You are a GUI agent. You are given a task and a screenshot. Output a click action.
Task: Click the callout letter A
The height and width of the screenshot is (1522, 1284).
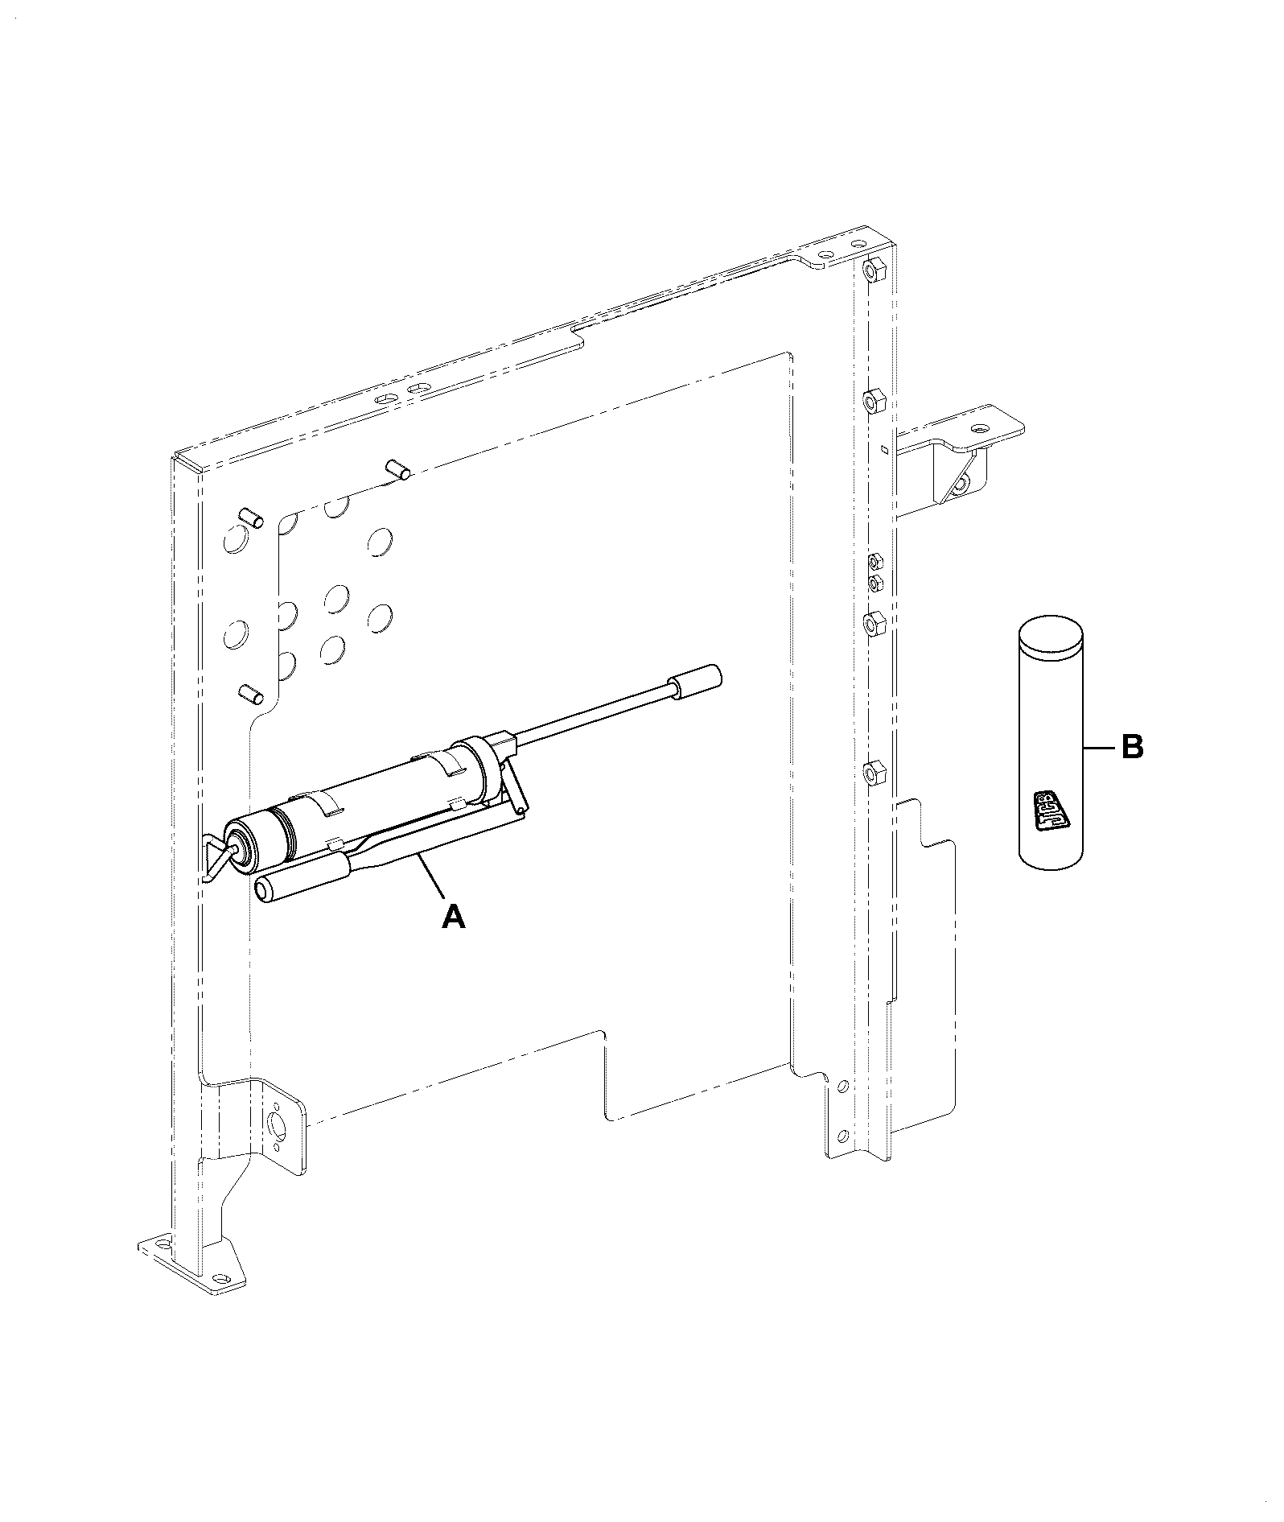[454, 916]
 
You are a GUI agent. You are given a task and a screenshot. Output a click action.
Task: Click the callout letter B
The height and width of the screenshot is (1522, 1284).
[1132, 748]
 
